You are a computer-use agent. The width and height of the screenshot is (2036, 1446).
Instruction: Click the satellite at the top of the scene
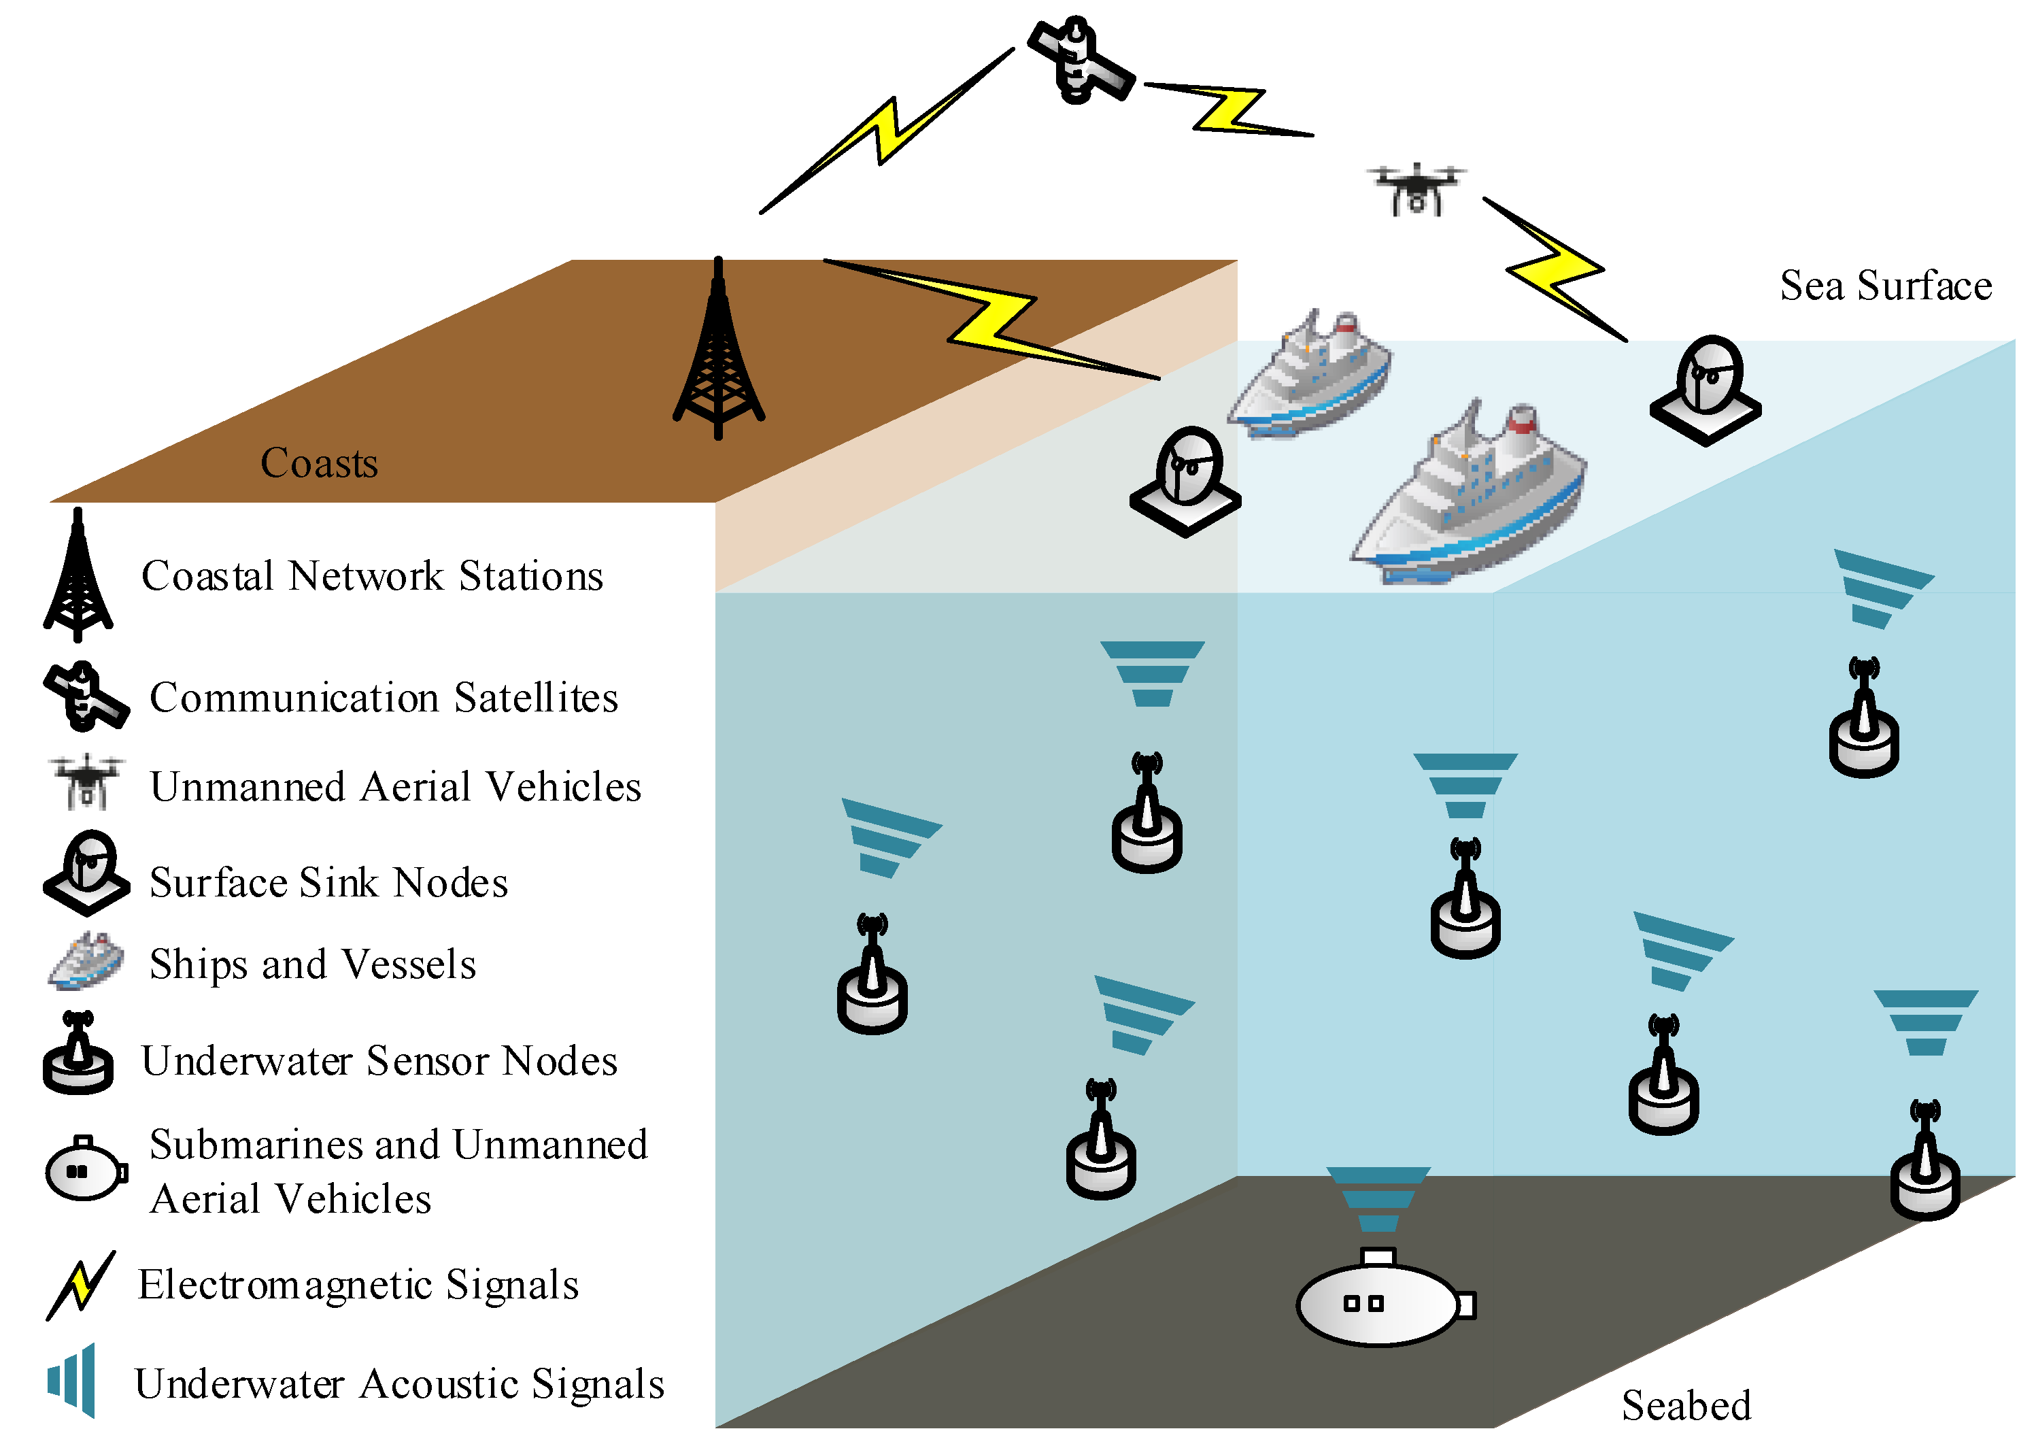click(1080, 61)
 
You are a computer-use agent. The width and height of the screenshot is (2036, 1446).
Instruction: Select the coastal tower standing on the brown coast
click(717, 356)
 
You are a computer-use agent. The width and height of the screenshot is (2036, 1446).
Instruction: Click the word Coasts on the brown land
click(319, 463)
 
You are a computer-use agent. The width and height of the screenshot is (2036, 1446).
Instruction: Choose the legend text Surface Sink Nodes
click(328, 882)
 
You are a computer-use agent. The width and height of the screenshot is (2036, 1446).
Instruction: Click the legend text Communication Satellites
click(384, 697)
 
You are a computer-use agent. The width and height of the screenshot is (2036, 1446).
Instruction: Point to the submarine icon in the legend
click(84, 1169)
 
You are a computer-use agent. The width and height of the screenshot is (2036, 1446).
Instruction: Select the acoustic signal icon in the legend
click(73, 1381)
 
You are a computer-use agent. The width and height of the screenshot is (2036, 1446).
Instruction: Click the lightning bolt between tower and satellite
click(886, 132)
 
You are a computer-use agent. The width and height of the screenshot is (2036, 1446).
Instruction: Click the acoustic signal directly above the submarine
click(1378, 1198)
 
